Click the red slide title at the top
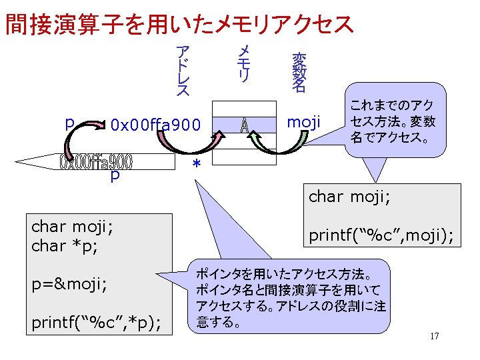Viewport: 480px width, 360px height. coord(179,24)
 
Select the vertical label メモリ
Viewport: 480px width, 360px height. coord(244,64)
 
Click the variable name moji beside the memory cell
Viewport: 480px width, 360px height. coord(303,122)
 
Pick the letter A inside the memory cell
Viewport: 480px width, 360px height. coord(245,125)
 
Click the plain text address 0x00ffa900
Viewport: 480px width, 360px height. coord(155,125)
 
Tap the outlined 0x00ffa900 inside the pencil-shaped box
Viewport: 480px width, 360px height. coord(97,162)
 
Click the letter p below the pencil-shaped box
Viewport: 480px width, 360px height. coord(115,175)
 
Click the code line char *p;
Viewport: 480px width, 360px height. coord(65,245)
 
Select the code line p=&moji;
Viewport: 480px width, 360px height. coord(69,285)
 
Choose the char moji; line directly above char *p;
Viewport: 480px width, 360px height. coord(72,227)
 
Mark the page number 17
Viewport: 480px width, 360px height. coord(434,336)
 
